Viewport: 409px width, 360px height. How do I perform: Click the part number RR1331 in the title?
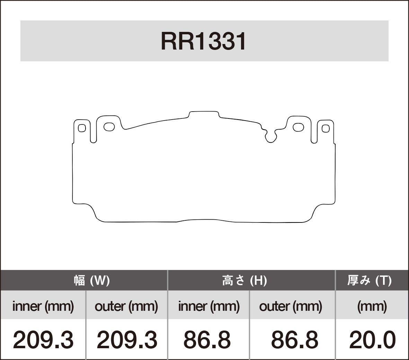coord(204,42)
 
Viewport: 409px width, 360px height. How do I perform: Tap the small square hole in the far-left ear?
coord(82,128)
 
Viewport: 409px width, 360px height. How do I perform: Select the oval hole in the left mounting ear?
coord(109,127)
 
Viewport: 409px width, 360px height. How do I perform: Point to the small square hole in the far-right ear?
coord(325,129)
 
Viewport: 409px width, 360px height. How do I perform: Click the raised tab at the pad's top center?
coord(204,114)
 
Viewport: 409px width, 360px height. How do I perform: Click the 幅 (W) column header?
coord(92,280)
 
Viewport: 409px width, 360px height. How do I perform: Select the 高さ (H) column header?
coord(244,280)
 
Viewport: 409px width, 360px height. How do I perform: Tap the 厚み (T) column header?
coord(369,280)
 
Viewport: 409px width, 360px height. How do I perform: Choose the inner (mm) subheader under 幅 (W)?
coord(43,306)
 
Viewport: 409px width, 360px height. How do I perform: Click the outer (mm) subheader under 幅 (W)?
coord(126,306)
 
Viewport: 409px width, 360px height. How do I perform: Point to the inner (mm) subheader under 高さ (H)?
coord(208,306)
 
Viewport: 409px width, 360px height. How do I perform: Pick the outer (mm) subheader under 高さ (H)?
coord(291,306)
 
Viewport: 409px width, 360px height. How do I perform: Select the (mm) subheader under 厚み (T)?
coord(372,306)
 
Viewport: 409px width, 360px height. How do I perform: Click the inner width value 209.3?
coord(43,340)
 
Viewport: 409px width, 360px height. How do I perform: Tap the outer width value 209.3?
coord(127,340)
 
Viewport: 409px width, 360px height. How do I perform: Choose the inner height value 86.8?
coord(207,340)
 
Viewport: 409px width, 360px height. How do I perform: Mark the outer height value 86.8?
coord(294,340)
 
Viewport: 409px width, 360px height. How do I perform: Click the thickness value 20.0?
coord(372,340)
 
